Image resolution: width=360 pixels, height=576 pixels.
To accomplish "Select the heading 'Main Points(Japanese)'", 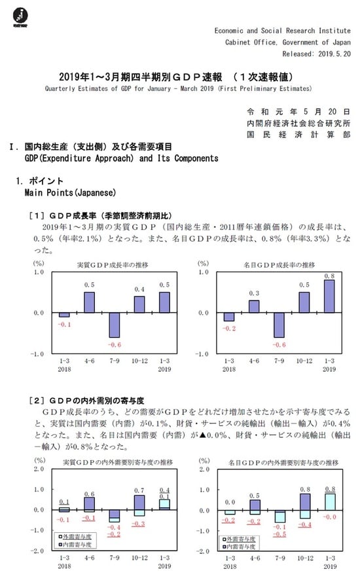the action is coord(70,192).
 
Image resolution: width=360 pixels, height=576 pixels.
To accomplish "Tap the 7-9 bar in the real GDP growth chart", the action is coord(115,325).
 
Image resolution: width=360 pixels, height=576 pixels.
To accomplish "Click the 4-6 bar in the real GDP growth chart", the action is coord(89,302).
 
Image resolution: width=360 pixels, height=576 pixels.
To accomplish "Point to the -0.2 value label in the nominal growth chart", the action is coord(228,327).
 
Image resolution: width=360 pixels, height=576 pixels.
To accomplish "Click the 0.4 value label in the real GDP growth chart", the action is coord(139,289).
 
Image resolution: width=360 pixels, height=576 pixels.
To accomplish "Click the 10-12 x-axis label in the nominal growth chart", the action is coord(304,361).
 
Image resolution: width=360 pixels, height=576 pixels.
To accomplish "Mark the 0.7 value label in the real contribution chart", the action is coord(139,490).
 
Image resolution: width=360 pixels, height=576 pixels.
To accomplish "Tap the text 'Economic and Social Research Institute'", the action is coord(281,31).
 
